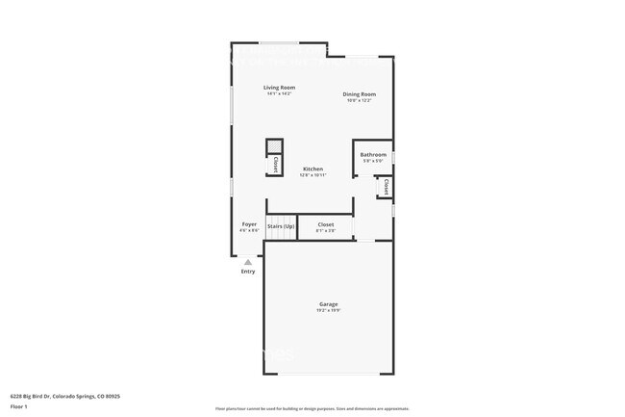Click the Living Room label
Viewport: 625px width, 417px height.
tap(279, 88)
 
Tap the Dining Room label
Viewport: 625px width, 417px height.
tap(359, 93)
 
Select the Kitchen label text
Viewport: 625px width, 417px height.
tap(312, 169)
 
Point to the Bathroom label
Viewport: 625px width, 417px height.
tap(373, 154)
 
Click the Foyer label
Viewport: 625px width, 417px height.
tap(249, 224)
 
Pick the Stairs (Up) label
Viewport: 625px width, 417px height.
tap(281, 225)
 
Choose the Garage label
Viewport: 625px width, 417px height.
tap(329, 303)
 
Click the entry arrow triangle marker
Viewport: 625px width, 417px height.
tap(248, 261)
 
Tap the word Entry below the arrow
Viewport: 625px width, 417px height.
tap(248, 272)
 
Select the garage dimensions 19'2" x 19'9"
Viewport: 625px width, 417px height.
tap(329, 310)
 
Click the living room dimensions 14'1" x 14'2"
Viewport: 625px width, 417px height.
tap(279, 94)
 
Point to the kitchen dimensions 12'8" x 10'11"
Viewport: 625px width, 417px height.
tap(312, 175)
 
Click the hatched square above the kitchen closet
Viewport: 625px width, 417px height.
tap(275, 146)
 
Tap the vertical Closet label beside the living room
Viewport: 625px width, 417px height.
tap(275, 164)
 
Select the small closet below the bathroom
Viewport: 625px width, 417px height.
tap(386, 185)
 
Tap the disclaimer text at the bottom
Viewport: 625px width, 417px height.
tap(312, 409)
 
